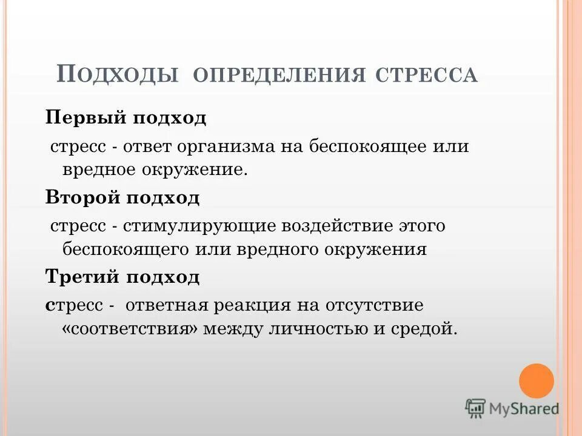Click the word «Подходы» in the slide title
pyautogui.click(x=118, y=74)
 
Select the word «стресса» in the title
pyautogui.click(x=427, y=76)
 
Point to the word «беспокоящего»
pyautogui.click(x=125, y=249)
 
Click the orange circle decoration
pyautogui.click(x=537, y=381)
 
